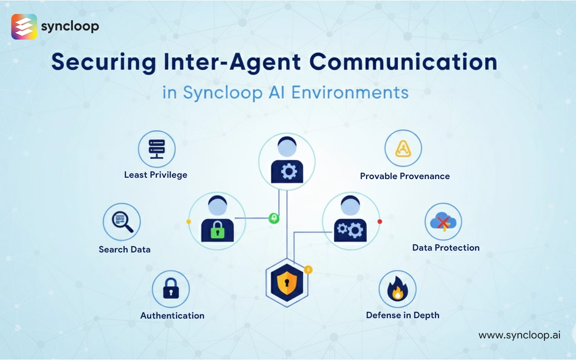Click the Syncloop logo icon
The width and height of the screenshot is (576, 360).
coord(24,27)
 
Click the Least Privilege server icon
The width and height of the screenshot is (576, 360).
coord(157,149)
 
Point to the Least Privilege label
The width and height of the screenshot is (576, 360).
coord(156,175)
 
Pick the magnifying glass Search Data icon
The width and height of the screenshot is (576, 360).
coord(122,221)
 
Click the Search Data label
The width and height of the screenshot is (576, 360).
coord(125,249)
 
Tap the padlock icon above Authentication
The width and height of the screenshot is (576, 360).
coord(171,289)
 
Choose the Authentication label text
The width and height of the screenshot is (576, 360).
coord(172,315)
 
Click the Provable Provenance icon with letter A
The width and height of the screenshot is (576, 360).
coord(403,148)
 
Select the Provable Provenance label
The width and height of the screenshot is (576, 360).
coord(405,176)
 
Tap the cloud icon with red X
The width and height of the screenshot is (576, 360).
coord(443,222)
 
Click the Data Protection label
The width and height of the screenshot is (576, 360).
coord(446,247)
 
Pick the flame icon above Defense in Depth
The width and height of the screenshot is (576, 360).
coord(397,289)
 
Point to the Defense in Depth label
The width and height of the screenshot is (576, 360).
coord(403,315)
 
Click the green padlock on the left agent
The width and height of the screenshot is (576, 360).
coord(217,232)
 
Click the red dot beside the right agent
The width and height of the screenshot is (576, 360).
coord(380,221)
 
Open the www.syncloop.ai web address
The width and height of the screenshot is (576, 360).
coord(519,335)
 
